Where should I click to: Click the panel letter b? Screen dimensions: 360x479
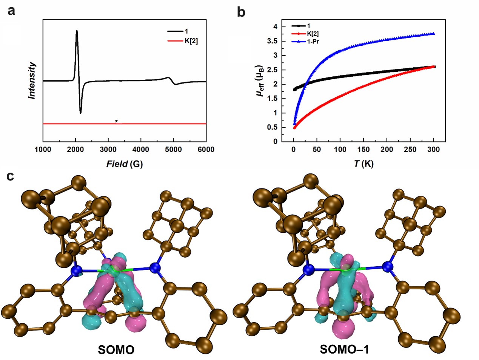click(x=241, y=12)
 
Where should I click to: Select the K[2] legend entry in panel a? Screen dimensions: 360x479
click(x=191, y=41)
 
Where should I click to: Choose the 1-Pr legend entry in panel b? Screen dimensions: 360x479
click(x=313, y=41)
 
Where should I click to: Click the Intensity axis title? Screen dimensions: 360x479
click(x=32, y=81)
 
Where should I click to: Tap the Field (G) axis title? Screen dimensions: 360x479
click(x=124, y=164)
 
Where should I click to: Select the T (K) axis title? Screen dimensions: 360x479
click(x=363, y=164)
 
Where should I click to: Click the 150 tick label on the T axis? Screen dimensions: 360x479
click(x=363, y=150)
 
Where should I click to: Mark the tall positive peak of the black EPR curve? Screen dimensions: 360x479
click(x=77, y=31)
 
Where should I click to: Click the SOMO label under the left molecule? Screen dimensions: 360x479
click(x=116, y=350)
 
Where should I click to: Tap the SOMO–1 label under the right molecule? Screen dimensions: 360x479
click(x=345, y=350)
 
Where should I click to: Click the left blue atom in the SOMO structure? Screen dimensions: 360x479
click(x=77, y=270)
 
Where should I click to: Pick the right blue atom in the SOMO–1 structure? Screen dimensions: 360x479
click(x=387, y=267)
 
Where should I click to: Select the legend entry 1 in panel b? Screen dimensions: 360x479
click(x=309, y=26)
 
